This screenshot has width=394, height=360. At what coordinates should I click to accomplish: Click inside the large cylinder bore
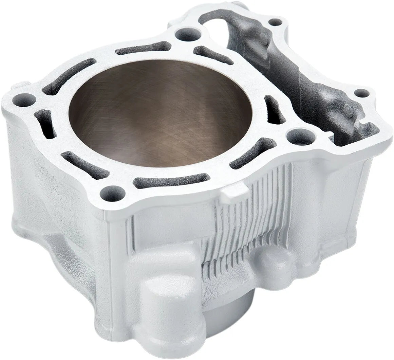click(x=160, y=112)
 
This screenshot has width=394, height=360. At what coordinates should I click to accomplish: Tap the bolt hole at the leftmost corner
click(x=24, y=100)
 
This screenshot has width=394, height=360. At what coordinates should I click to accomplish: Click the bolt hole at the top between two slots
click(x=188, y=34)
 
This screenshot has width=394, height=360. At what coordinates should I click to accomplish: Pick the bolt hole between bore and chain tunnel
click(x=301, y=137)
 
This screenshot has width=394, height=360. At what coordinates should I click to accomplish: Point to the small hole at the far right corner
click(x=362, y=93)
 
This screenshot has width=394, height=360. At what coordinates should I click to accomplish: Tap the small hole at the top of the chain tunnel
click(x=275, y=22)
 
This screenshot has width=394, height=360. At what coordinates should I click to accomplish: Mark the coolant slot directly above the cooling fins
click(x=253, y=153)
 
